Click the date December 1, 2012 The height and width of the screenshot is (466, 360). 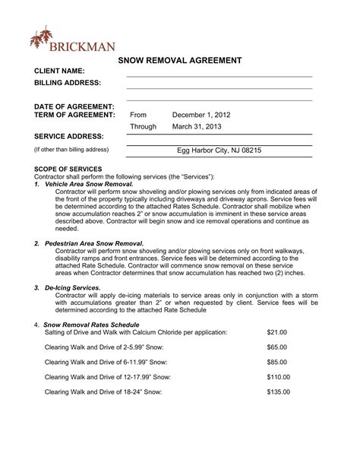(x=201, y=115)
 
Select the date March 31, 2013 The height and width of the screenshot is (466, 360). (x=196, y=127)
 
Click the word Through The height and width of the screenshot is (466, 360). (x=143, y=127)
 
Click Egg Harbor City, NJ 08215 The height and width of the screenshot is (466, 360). (x=219, y=151)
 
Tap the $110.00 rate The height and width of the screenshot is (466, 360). (x=279, y=376)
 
